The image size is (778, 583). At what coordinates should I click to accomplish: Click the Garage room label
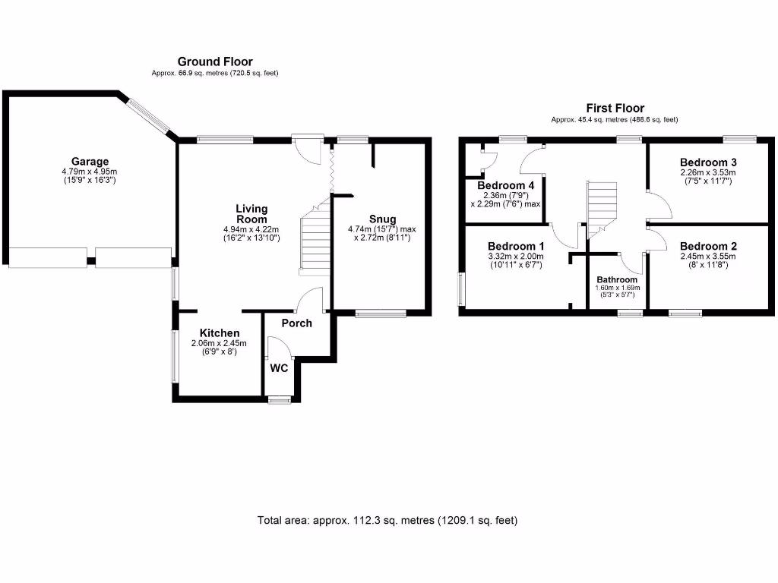[90, 161]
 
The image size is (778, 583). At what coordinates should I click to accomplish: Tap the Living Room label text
[251, 213]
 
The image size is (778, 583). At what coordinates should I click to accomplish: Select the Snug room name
[382, 219]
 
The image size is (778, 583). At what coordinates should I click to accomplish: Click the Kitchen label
[220, 333]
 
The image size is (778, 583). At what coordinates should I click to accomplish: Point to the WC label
[279, 368]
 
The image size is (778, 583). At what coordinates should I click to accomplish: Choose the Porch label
[296, 323]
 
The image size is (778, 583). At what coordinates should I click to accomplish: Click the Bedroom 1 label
[516, 247]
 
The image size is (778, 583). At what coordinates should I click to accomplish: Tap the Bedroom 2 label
[708, 247]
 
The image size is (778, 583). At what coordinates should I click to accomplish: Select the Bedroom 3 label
[708, 162]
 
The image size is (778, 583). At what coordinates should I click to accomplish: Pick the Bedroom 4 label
[505, 185]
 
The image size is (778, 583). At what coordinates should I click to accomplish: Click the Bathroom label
[617, 279]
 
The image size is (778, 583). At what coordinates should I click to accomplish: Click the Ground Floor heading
[215, 61]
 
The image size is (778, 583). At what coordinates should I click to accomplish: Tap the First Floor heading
[615, 109]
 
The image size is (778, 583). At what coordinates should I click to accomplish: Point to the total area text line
[388, 521]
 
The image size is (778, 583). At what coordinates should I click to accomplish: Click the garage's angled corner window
[149, 116]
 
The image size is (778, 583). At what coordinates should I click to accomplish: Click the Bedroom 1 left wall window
[460, 289]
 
